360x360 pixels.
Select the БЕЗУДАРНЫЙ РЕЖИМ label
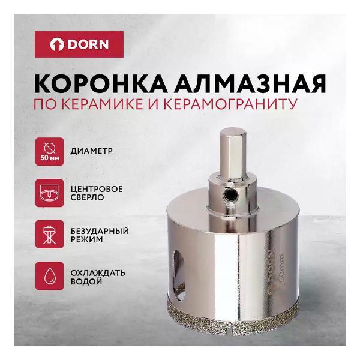(103, 235)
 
